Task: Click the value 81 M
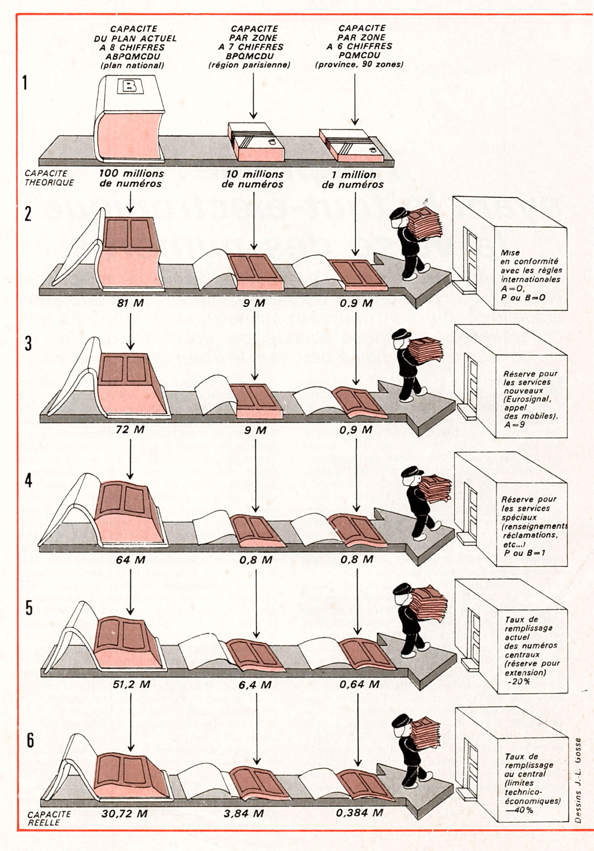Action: tap(130, 303)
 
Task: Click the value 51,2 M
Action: tap(132, 684)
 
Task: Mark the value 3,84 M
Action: tap(243, 813)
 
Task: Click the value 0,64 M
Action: tap(359, 684)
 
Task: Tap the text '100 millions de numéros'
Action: tap(131, 179)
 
